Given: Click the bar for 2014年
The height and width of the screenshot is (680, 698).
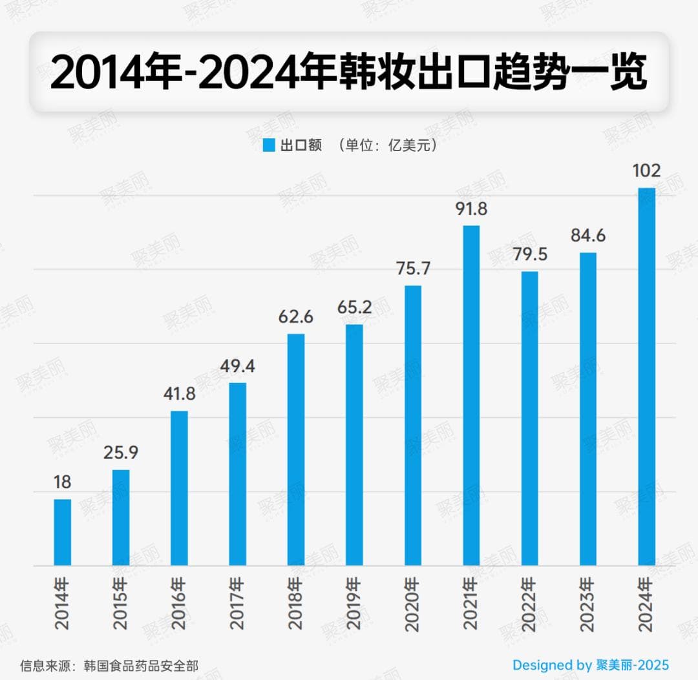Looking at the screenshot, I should coord(63,533).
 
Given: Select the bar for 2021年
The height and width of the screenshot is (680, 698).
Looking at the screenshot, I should coord(471,395).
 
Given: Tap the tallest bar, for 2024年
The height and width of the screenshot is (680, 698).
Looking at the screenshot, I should coord(646,377).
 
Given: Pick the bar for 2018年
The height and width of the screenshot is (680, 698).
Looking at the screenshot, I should coord(296,449).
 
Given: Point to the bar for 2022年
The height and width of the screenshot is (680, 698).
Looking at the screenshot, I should coord(530,418).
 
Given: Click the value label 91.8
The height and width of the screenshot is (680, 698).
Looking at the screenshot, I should coord(471,209).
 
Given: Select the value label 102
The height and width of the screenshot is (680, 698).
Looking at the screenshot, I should coord(646,171).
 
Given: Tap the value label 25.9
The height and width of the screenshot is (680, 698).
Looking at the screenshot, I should coord(121,453).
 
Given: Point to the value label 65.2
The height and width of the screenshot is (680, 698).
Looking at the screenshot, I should coord(354,307).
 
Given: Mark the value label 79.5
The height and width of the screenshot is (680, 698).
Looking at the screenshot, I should coord(530,254).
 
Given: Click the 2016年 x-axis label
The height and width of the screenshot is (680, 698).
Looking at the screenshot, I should coord(179,604).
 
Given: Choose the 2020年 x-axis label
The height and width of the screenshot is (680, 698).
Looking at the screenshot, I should coord(413,604).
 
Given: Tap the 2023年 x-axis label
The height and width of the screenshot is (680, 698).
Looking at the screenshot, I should coord(588,604).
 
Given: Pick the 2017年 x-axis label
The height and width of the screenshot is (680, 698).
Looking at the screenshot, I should coord(238,604).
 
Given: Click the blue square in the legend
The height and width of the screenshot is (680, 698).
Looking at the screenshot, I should coord(269,145).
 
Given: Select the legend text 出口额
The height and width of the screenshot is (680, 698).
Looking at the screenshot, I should coord(301,145).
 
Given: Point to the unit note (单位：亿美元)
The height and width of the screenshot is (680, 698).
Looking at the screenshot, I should coord(388,145).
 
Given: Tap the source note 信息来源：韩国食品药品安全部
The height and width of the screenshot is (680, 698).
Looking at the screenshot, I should coord(109,665).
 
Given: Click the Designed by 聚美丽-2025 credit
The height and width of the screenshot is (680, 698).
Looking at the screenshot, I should coord(591,665).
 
